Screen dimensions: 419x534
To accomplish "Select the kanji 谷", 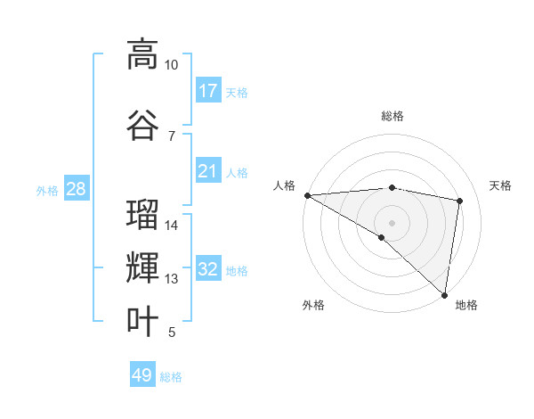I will click(x=142, y=124).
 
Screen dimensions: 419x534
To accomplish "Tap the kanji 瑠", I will click(x=142, y=215).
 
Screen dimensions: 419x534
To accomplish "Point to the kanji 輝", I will click(x=142, y=268).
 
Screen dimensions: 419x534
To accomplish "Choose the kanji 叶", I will click(x=142, y=321).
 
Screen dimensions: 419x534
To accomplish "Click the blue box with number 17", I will click(x=208, y=91).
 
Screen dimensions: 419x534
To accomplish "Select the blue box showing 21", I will click(x=208, y=171).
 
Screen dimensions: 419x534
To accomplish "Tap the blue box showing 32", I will click(x=208, y=269).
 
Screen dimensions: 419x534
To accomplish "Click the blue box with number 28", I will click(x=77, y=189).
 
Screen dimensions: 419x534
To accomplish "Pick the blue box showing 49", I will click(x=142, y=375).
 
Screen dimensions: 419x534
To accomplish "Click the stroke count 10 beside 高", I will click(x=171, y=65).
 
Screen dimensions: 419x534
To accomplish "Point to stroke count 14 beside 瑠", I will click(x=171, y=226).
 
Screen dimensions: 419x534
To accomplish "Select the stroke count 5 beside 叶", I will click(x=171, y=333).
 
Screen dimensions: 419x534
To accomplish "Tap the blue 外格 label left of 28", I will click(x=47, y=190).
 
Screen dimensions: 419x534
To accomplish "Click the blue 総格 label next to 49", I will click(x=171, y=377).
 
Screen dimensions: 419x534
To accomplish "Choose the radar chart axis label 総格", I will click(x=392, y=116).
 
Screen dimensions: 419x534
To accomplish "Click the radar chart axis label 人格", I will click(x=284, y=185).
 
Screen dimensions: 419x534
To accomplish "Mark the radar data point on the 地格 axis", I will click(x=444, y=294).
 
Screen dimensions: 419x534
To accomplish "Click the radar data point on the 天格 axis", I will click(x=460, y=201).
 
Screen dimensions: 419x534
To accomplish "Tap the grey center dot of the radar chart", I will click(x=392, y=222).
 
